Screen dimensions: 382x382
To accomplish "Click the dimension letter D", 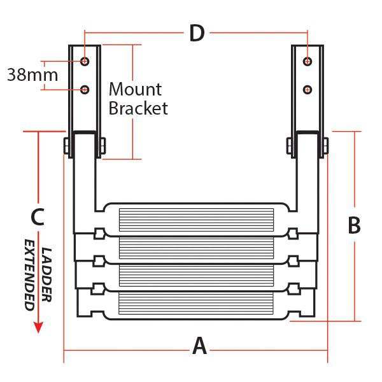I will pyautogui.click(x=197, y=33).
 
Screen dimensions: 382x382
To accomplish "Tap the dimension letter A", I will pyautogui.click(x=200, y=347).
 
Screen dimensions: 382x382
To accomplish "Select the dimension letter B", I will pyautogui.click(x=354, y=226).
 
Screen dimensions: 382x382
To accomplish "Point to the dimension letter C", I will pyautogui.click(x=38, y=217).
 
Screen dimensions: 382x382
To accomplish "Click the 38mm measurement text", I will pyautogui.click(x=32, y=74).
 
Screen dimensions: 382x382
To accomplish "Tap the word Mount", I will pyautogui.click(x=135, y=89).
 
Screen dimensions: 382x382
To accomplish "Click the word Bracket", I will pyautogui.click(x=138, y=108).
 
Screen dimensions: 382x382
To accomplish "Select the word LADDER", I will pyautogui.click(x=46, y=274).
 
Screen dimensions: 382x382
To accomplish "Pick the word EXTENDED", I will pyautogui.click(x=29, y=274).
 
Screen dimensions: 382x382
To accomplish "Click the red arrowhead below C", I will pyautogui.click(x=38, y=327).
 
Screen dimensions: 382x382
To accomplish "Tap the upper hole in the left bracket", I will pyautogui.click(x=85, y=61).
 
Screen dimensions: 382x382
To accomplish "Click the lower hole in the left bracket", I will pyautogui.click(x=85, y=88).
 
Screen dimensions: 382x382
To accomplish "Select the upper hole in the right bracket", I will pyautogui.click(x=308, y=61).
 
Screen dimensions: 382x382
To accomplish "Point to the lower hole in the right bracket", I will pyautogui.click(x=308, y=88).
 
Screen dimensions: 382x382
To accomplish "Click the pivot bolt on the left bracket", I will pyautogui.click(x=67, y=146).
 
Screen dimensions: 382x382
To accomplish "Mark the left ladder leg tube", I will pyautogui.click(x=85, y=185).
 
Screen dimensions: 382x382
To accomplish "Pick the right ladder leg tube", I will pyautogui.click(x=307, y=185).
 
